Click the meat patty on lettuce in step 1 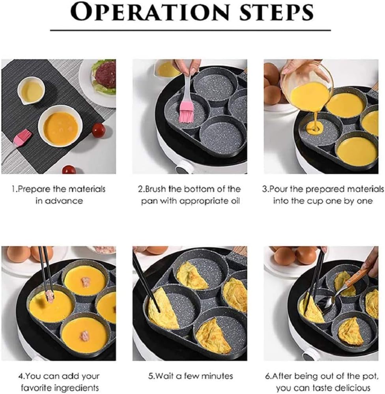105,74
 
